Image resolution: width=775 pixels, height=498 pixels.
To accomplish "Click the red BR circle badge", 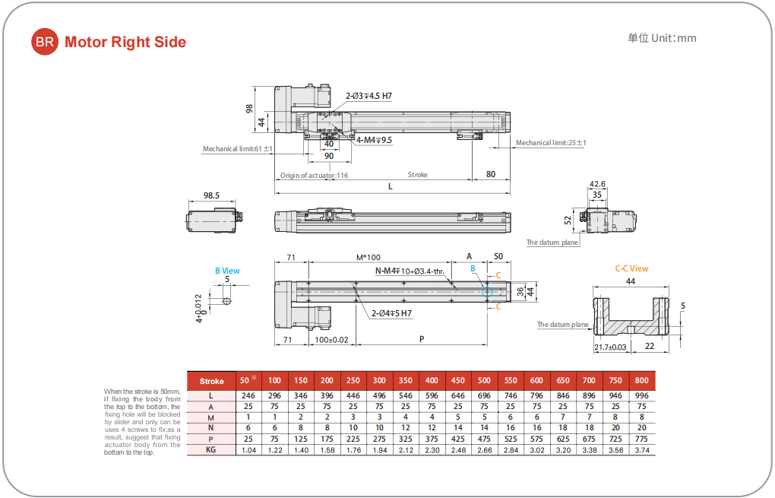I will pos(44,42).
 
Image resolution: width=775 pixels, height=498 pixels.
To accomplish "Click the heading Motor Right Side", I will pos(125,43).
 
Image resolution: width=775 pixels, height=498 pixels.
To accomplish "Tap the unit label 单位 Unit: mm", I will pos(661,38).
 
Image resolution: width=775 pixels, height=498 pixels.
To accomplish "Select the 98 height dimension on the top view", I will pos(250,108).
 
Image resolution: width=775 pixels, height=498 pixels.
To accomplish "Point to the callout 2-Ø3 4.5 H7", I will pos(369,96).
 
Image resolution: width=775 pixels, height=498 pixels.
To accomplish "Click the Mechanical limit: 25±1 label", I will pos(551,143).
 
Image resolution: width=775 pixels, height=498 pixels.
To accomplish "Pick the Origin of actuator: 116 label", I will pos(314,175).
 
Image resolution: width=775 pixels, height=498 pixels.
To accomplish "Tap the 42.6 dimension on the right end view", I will pos(597,184).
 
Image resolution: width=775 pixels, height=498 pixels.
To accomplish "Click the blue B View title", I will pos(226,271).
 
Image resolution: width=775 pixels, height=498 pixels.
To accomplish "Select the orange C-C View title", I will pos(631,268).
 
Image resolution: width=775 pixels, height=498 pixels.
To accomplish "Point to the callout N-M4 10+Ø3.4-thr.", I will pos(410,271).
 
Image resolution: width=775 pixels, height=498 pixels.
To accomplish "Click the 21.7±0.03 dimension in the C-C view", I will pos(610,347).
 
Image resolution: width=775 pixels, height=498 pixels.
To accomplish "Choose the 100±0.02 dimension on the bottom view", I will pos(331,339).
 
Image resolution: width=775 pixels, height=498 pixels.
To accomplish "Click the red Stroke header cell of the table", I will pos(211,381).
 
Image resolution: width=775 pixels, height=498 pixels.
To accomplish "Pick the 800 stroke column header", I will pos(641,380).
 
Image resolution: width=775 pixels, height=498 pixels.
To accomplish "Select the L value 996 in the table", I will pos(641,395).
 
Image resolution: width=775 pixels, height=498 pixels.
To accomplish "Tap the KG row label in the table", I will pos(211,449).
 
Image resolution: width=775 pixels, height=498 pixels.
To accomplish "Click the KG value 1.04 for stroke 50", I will pos(248,449).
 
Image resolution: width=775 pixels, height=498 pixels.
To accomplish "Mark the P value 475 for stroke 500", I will pos(484,439).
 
